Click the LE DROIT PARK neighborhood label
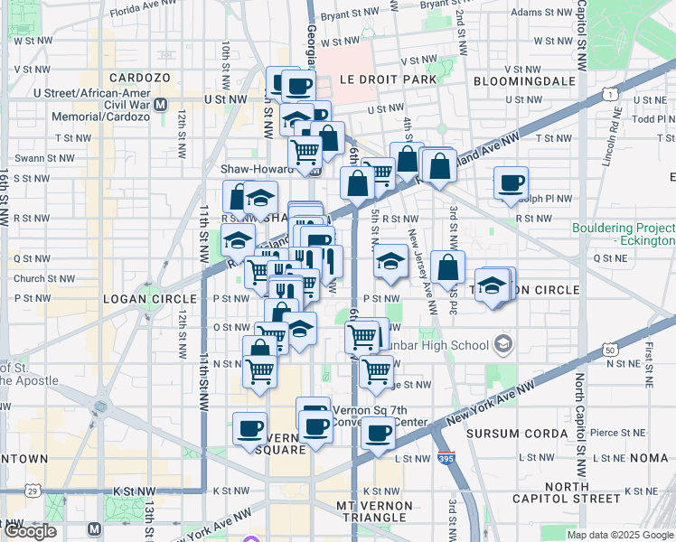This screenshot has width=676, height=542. [388, 79]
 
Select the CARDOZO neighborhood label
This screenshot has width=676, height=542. [139, 79]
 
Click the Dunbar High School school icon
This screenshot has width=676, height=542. [503, 344]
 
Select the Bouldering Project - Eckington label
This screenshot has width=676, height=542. [624, 235]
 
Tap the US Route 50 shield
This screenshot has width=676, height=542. [612, 350]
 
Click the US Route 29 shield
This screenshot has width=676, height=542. [33, 491]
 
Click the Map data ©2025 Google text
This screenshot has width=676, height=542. [621, 535]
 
